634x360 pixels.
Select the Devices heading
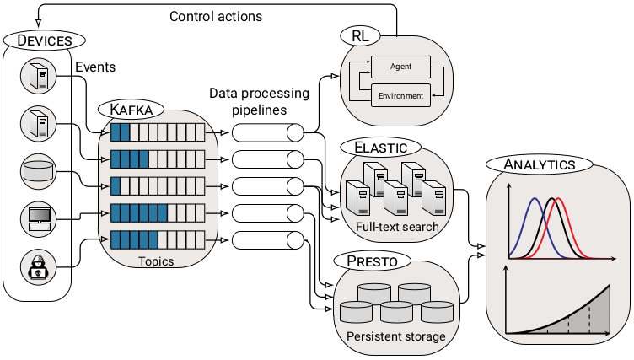click(x=45, y=40)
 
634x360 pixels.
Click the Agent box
click(x=400, y=66)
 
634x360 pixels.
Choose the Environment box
click(x=400, y=95)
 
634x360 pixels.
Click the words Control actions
click(x=216, y=16)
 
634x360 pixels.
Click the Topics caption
click(x=157, y=261)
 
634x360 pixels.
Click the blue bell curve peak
click(x=534, y=201)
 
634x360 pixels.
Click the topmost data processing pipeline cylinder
click(x=267, y=132)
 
